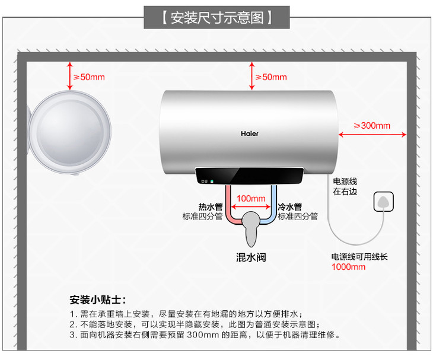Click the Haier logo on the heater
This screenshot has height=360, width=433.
tap(249, 133)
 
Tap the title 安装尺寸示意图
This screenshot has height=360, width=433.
tap(216, 17)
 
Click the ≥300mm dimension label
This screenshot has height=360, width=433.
tap(372, 125)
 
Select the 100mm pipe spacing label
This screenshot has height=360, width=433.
tap(250, 197)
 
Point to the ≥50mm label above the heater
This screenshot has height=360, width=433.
tap(270, 77)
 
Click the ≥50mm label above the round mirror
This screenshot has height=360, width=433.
tap(88, 77)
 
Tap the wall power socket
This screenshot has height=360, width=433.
tap(383, 202)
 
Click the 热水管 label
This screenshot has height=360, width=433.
tap(210, 206)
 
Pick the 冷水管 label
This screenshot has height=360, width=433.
tap(290, 206)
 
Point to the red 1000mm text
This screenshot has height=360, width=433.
tap(348, 267)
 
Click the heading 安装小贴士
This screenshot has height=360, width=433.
tap(97, 299)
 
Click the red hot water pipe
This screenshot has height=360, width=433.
tap(227, 205)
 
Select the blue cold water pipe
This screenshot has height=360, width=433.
tap(273, 205)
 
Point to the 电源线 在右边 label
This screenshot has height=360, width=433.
tap(345, 186)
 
